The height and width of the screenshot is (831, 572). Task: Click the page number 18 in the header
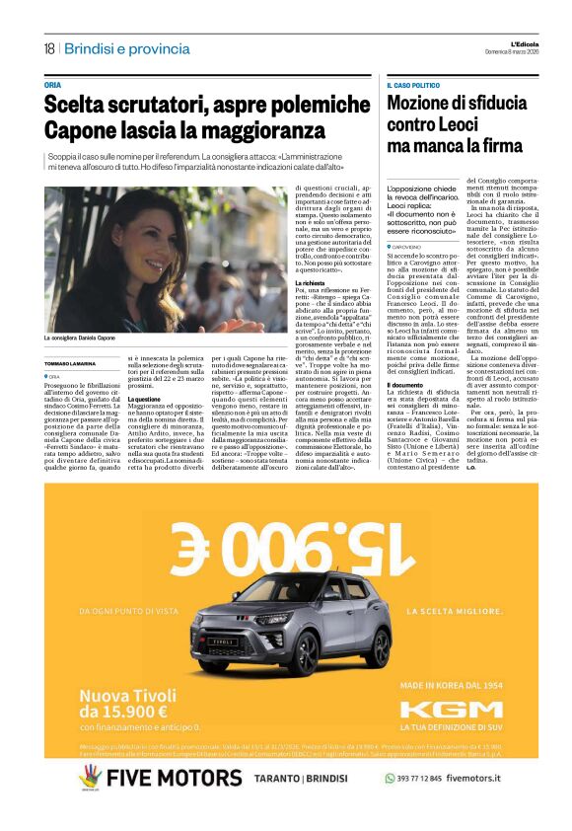tap(48, 48)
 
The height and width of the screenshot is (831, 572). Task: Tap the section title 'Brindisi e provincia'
tap(128, 48)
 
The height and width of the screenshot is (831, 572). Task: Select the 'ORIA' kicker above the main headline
tap(53, 85)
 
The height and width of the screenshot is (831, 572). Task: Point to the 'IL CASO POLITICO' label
tap(415, 86)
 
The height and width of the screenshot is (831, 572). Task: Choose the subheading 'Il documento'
tap(405, 385)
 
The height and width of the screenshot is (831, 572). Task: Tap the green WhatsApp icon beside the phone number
tap(391, 778)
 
